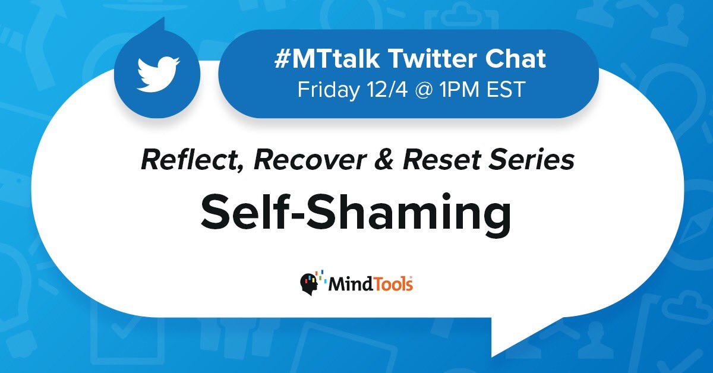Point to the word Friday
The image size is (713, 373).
pos(326,90)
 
